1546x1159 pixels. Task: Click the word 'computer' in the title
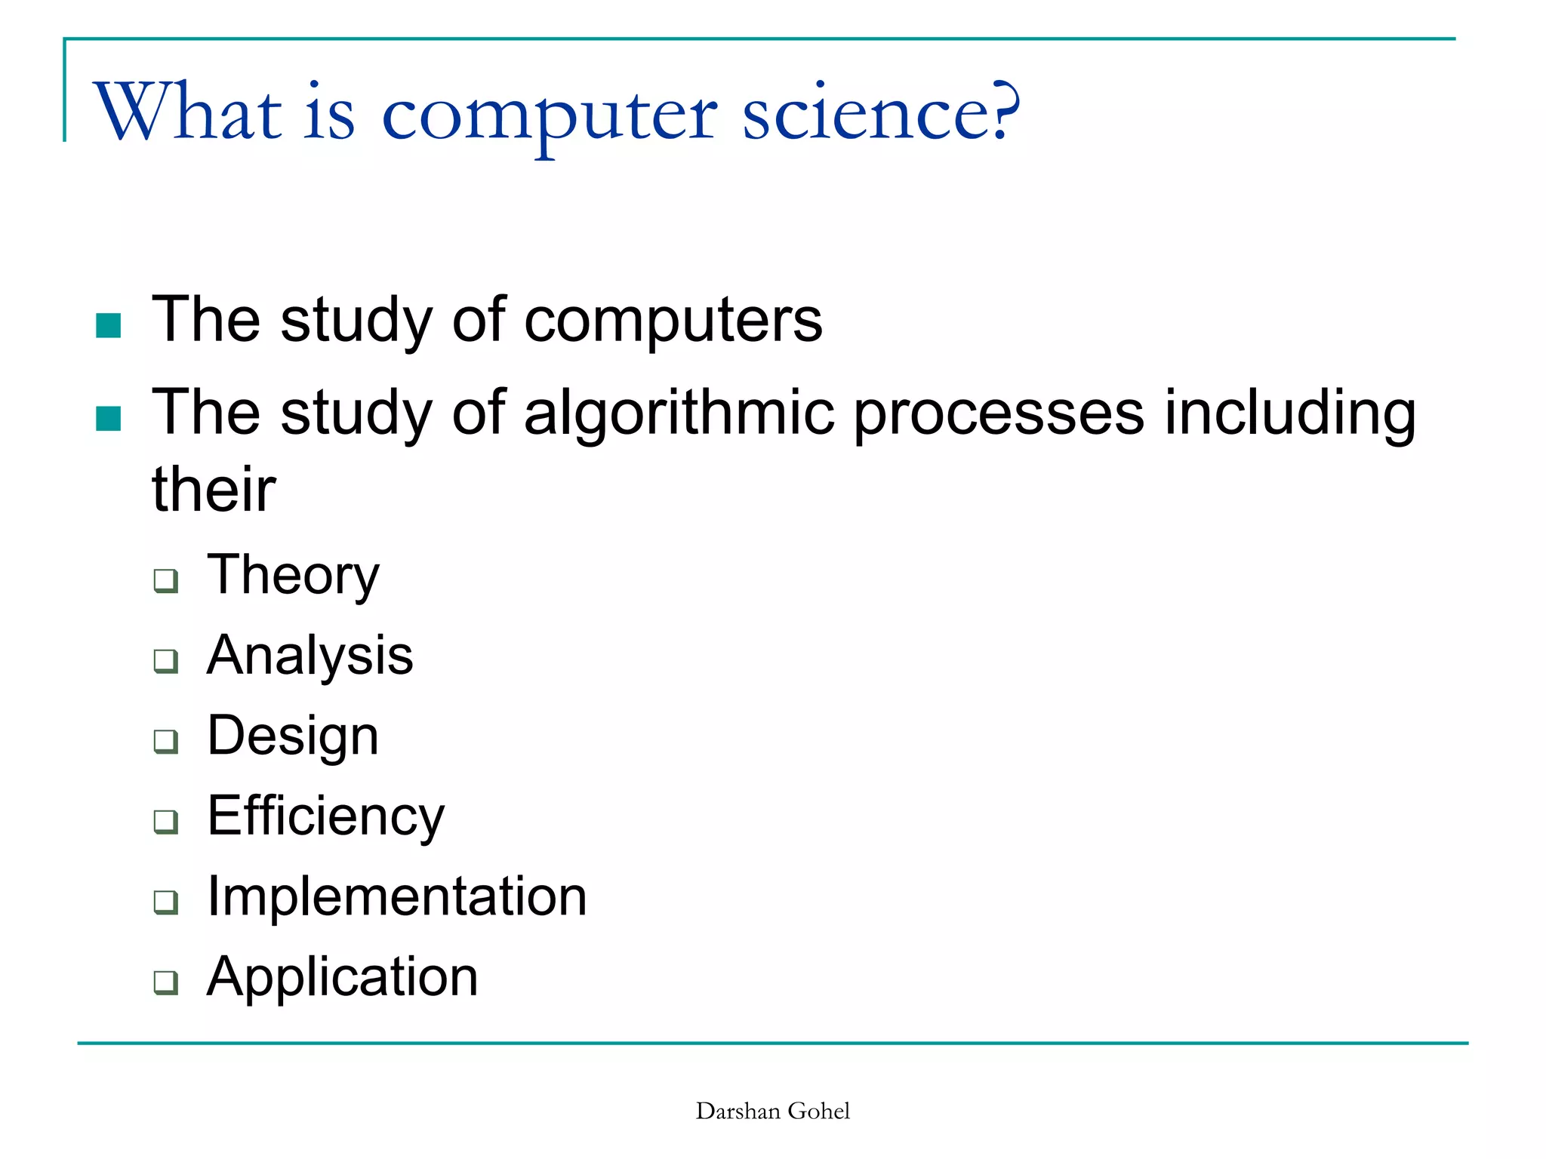coord(550,115)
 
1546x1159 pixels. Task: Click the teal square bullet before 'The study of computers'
coord(109,326)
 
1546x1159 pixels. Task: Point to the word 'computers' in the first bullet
coord(673,320)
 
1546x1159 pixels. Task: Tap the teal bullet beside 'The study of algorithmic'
coord(109,419)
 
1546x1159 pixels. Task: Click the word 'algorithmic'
coord(679,413)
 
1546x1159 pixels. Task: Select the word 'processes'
coord(999,413)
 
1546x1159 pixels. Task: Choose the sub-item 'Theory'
coord(293,575)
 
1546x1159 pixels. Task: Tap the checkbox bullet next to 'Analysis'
coord(166,660)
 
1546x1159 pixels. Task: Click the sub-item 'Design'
coord(293,736)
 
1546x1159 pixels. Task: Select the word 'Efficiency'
coord(326,816)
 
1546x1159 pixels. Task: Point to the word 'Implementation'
coord(397,896)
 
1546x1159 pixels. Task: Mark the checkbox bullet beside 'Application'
coord(166,982)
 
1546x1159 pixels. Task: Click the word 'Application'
coord(343,977)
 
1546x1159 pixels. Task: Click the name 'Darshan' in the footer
coord(738,1111)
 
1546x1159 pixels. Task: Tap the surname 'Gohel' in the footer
coord(819,1111)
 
